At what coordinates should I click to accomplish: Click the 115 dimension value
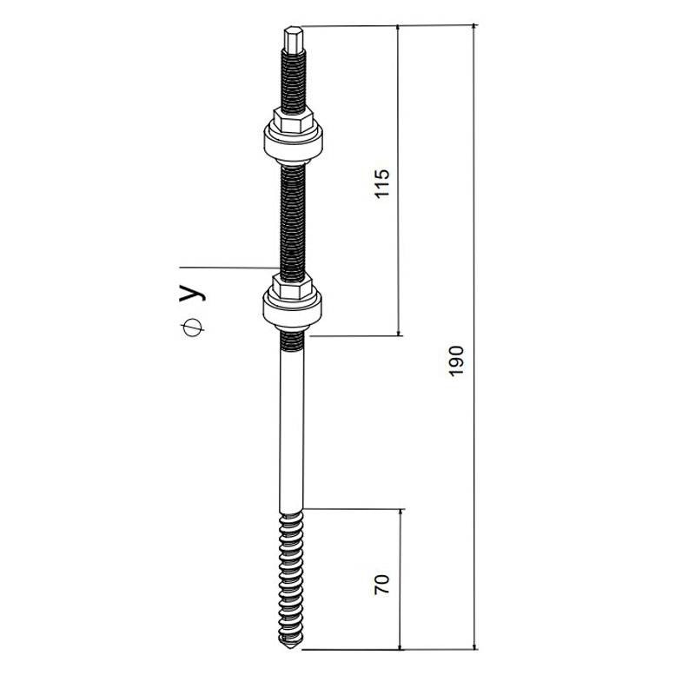pyautogui.click(x=381, y=183)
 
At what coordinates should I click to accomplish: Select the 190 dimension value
pyautogui.click(x=456, y=361)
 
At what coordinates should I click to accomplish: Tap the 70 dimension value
pyautogui.click(x=381, y=584)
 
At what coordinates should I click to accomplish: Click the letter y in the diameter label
pyautogui.click(x=192, y=293)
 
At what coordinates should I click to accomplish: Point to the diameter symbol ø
pyautogui.click(x=192, y=328)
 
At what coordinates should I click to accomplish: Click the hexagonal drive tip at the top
pyautogui.click(x=294, y=39)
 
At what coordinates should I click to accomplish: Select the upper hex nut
pyautogui.click(x=294, y=120)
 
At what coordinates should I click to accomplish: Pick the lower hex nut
pyautogui.click(x=293, y=286)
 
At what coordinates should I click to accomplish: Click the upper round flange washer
pyautogui.click(x=293, y=142)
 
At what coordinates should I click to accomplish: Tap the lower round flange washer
pyautogui.click(x=292, y=308)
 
